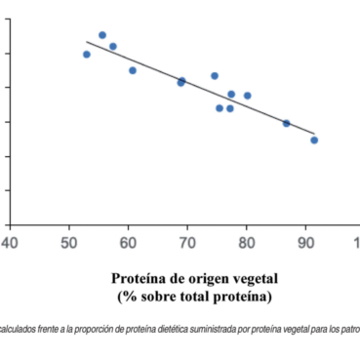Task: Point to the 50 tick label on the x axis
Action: (68, 241)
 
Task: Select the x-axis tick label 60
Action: (128, 241)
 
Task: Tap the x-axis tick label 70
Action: (187, 241)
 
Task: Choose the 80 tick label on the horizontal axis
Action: (246, 241)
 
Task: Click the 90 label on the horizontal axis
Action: (305, 241)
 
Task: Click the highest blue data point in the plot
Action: (102, 35)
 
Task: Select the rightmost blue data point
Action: (314, 140)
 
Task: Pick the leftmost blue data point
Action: (87, 55)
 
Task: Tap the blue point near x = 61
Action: (133, 70)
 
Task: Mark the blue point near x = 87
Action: (286, 123)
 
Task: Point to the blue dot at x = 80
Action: (247, 96)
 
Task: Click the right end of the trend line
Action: (314, 134)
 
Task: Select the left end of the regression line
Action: (87, 42)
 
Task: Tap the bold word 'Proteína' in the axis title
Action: (139, 277)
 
